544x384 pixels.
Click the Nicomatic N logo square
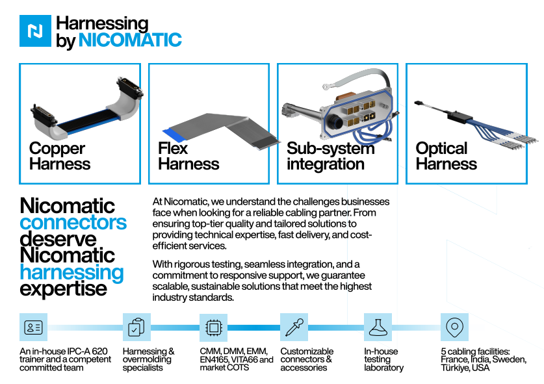point(35,31)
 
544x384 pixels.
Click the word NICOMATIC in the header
point(130,40)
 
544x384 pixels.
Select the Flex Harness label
point(188,157)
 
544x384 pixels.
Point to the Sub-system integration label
point(330,157)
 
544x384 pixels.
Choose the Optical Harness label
point(446,157)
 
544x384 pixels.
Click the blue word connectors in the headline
point(73,223)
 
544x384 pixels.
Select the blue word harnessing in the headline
point(71,272)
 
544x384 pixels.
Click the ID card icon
point(33,327)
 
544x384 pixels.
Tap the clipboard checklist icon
point(136,327)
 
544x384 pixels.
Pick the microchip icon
point(213,327)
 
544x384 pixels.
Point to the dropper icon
point(294,327)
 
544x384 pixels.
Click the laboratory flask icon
point(377,327)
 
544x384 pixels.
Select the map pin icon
point(454,327)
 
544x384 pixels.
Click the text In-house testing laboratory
point(383,359)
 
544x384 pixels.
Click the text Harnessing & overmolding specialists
point(148,359)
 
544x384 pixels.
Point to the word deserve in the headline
point(58,239)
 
